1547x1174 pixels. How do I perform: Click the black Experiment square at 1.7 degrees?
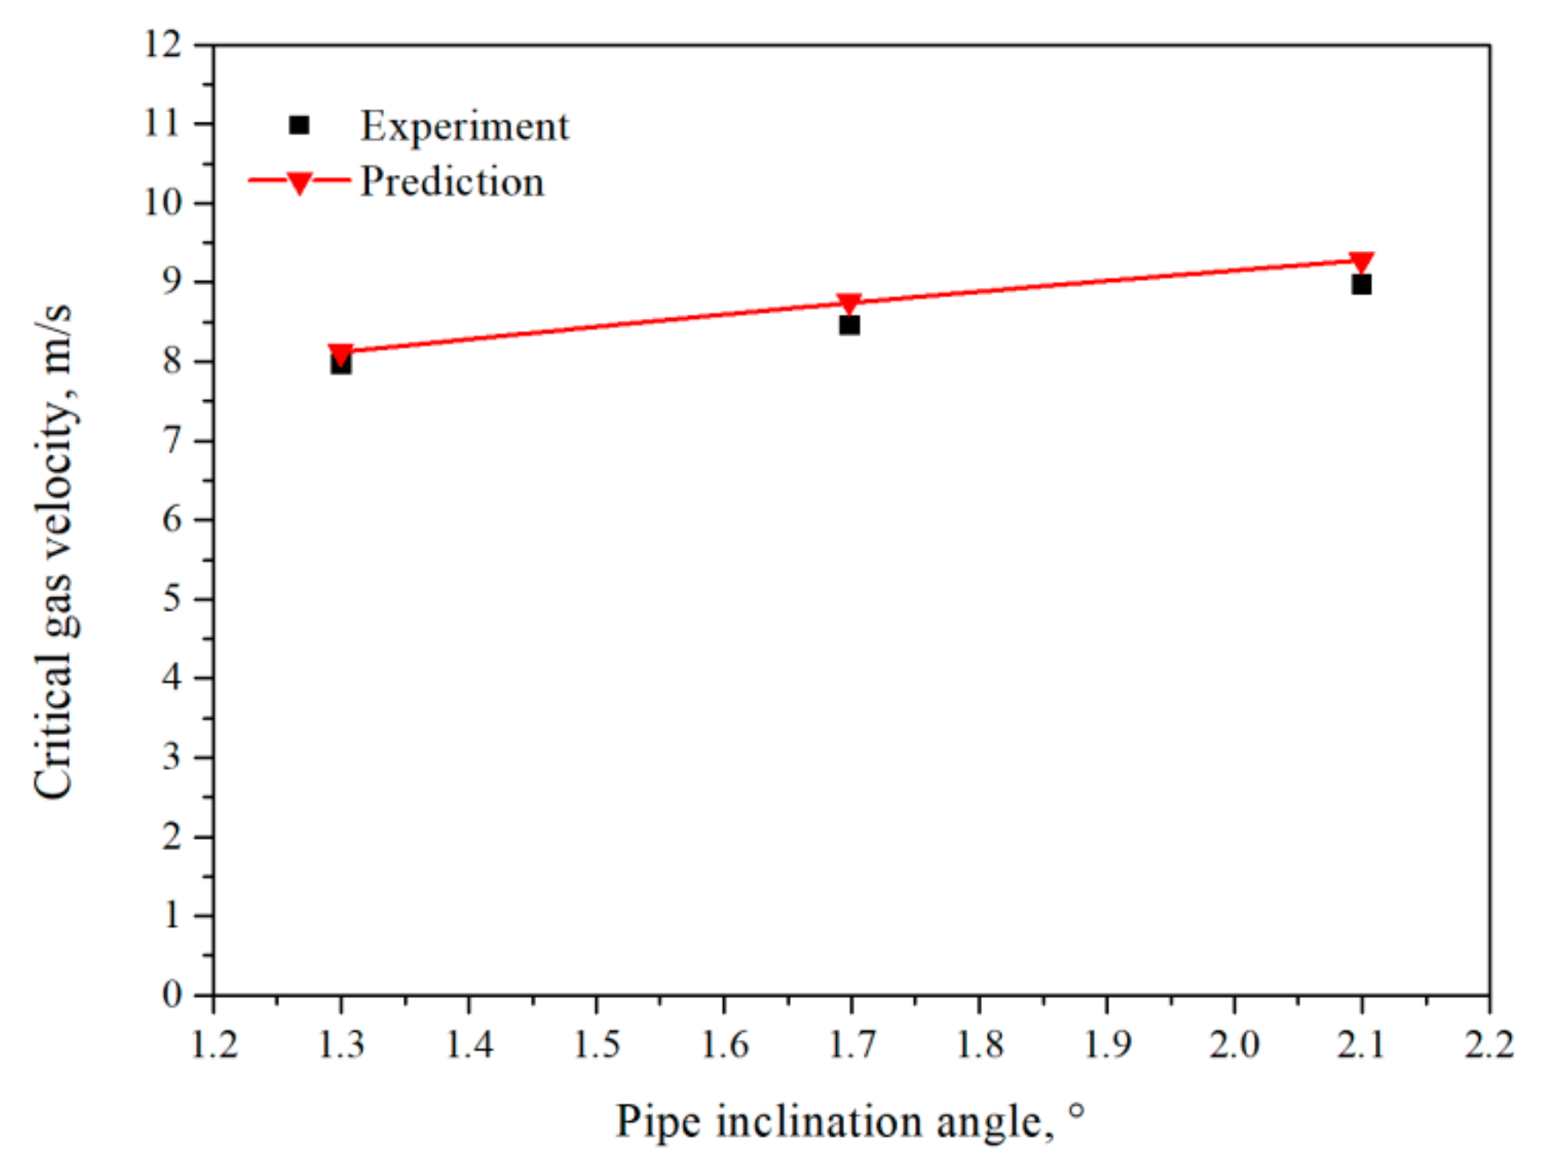tap(849, 325)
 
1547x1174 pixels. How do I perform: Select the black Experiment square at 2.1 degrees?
tap(1360, 285)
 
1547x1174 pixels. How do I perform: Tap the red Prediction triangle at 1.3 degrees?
tap(340, 353)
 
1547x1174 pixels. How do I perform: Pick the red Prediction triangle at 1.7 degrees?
tap(850, 303)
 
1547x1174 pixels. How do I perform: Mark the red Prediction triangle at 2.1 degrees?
tap(1361, 261)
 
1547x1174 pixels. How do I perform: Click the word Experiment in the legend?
tap(464, 126)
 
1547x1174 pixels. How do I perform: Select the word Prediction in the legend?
tap(452, 182)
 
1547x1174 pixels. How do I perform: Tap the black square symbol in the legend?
tap(299, 125)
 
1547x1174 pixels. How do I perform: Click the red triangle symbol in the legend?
tap(299, 182)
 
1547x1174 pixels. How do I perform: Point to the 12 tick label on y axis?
tap(163, 44)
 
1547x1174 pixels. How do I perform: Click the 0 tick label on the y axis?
tap(172, 995)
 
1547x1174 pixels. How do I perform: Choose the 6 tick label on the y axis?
tap(172, 519)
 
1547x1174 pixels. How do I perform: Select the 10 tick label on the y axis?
tap(163, 203)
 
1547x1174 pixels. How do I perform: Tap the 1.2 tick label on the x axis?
tap(214, 1044)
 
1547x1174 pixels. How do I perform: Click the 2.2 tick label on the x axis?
tap(1488, 1044)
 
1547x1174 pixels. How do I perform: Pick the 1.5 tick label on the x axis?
tap(597, 1044)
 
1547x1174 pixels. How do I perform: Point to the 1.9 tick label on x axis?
tap(1106, 1044)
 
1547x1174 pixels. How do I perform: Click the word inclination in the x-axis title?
tap(819, 1121)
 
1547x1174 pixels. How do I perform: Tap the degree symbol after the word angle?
tap(1077, 1111)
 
